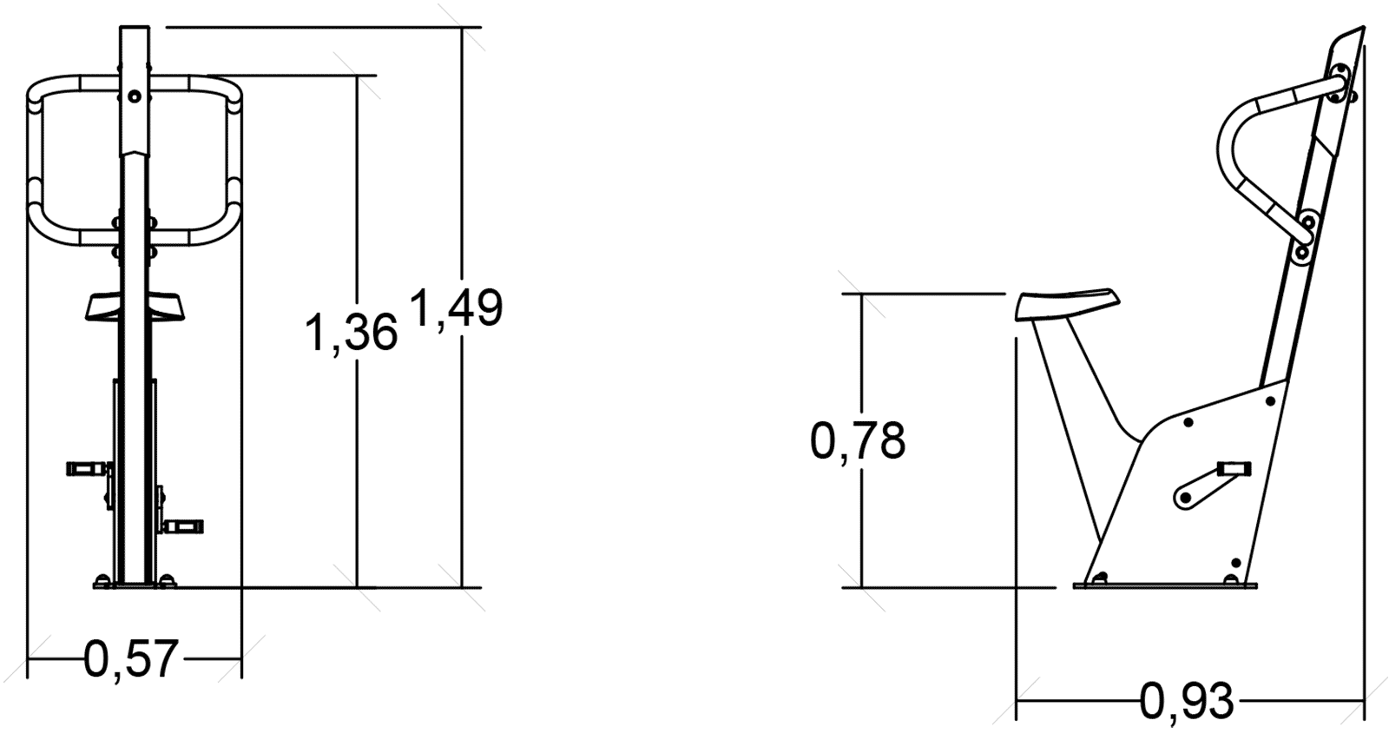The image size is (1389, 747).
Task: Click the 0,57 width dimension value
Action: click(x=131, y=659)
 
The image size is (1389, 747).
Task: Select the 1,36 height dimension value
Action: click(x=351, y=333)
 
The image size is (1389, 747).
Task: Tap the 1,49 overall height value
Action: click(x=457, y=307)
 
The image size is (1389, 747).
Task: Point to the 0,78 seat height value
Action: click(x=858, y=441)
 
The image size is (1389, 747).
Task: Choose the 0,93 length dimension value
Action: click(x=1187, y=701)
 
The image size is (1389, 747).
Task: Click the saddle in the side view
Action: click(x=1067, y=304)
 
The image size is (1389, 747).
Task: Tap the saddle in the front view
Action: click(x=135, y=307)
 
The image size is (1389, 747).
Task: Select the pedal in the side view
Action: click(x=1234, y=468)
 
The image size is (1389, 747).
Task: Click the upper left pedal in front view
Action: click(x=87, y=468)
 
